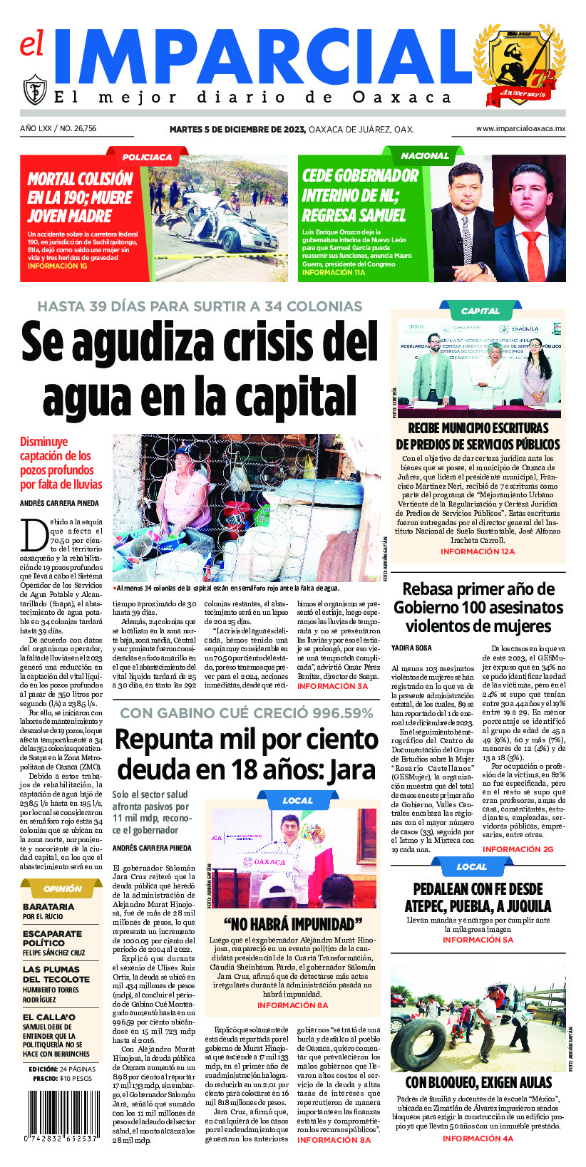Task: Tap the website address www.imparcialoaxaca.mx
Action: click(x=520, y=129)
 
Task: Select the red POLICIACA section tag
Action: click(x=147, y=157)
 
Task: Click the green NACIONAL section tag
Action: click(x=425, y=155)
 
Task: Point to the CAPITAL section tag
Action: click(x=480, y=311)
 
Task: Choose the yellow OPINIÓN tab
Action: click(x=63, y=888)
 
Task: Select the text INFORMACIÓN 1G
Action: click(x=58, y=266)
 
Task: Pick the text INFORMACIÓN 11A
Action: click(x=334, y=272)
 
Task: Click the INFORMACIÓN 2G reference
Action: click(x=518, y=849)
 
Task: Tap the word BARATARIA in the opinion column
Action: click(x=48, y=907)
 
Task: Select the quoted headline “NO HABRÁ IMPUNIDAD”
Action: click(x=293, y=925)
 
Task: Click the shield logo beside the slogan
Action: click(x=35, y=90)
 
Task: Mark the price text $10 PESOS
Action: click(x=76, y=1079)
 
